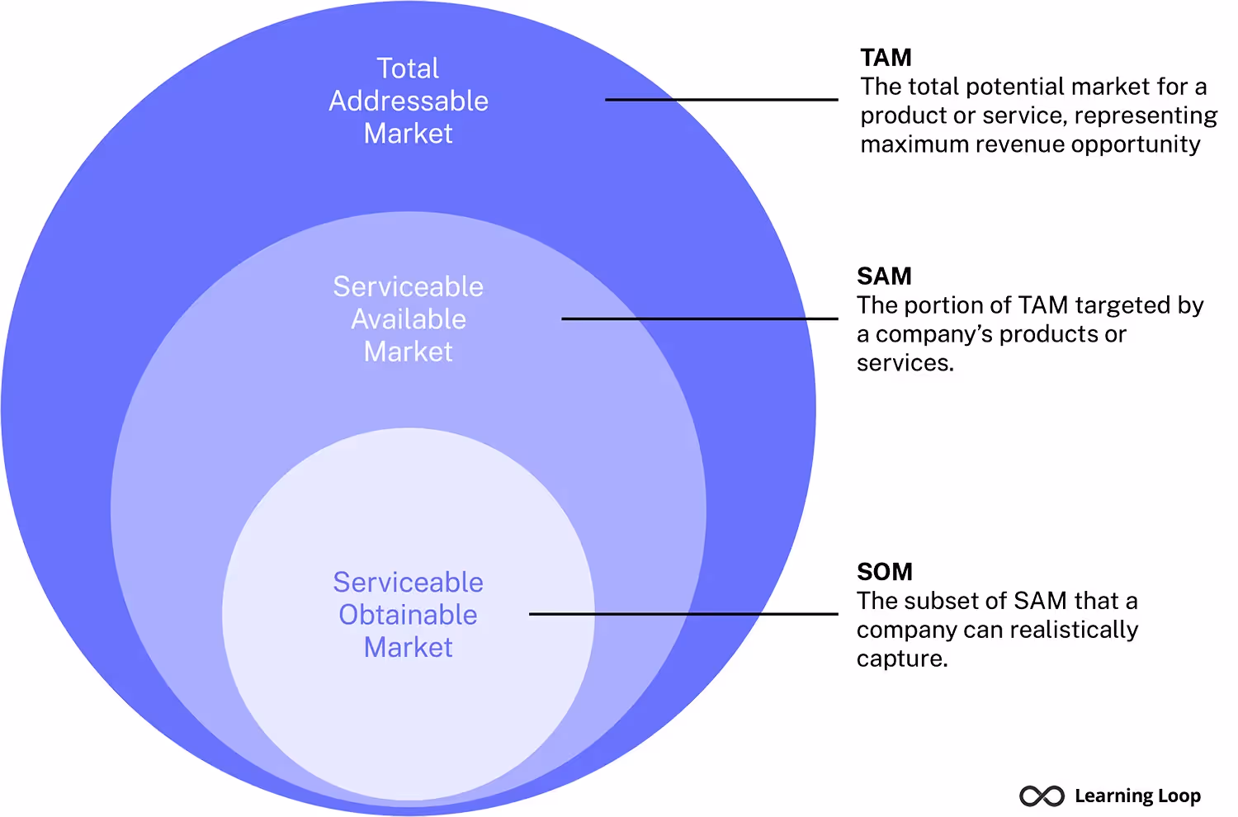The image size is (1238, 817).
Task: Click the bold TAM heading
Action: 886,58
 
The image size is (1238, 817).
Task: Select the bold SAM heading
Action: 884,276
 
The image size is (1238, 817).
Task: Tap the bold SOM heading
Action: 885,572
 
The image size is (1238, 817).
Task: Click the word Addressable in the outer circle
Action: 409,101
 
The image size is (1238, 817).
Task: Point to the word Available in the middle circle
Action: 409,319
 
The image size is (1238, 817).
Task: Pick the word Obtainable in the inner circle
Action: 408,615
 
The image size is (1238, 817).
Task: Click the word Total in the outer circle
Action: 408,68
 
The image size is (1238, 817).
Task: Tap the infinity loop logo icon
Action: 1042,796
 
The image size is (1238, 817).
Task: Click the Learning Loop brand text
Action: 1137,796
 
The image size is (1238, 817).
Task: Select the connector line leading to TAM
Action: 721,100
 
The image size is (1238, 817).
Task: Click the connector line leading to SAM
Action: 699,319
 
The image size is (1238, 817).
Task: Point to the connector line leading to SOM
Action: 683,614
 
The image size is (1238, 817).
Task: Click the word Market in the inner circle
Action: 408,648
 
